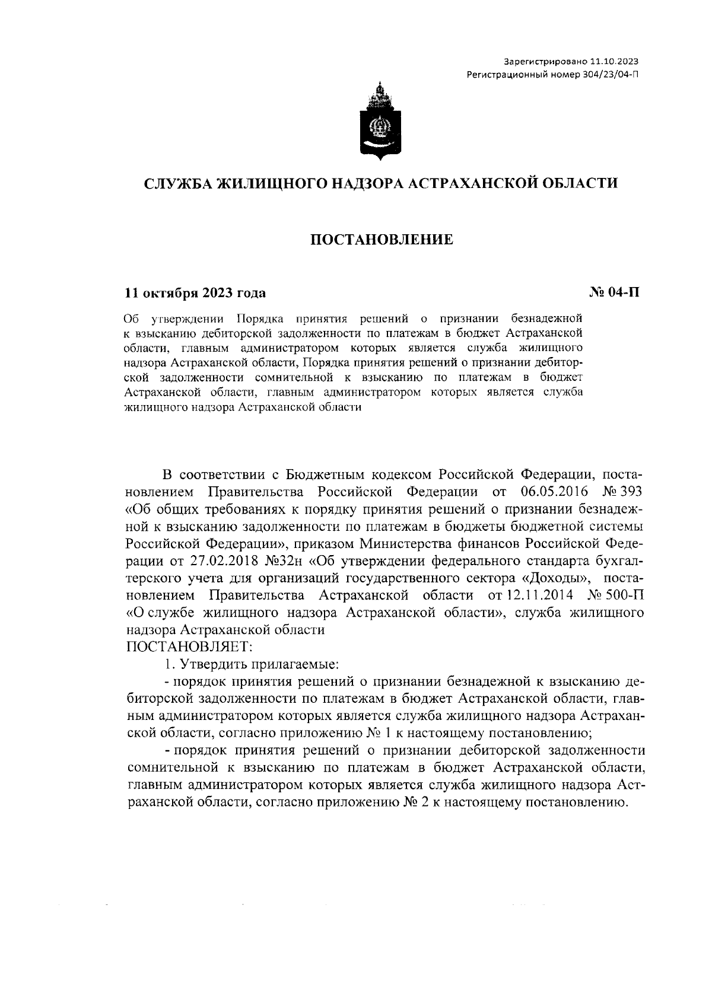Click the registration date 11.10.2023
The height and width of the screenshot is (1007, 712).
coord(616,62)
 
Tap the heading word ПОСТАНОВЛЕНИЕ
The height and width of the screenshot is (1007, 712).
coord(382,240)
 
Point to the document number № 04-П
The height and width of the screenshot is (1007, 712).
coord(614,292)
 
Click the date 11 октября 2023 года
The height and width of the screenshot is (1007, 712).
coord(195,293)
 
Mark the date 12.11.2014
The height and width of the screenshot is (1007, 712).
coord(539,595)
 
